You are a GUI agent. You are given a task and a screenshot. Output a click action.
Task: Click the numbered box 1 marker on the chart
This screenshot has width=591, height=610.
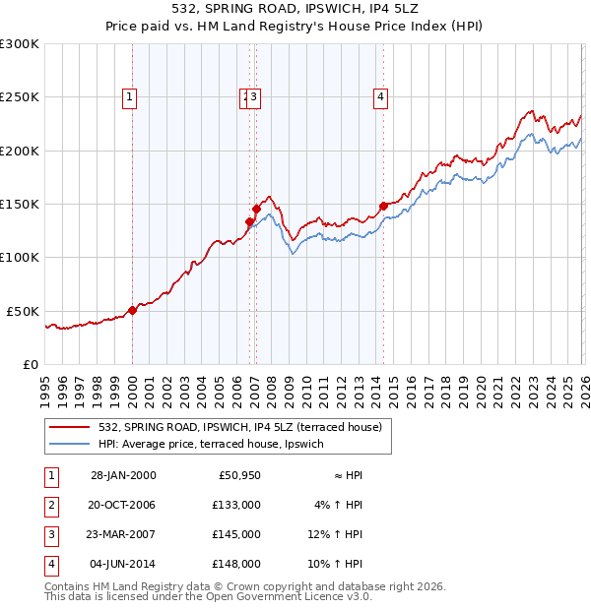tap(130, 96)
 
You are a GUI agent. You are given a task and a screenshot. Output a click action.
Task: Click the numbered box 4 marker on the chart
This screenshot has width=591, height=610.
tap(379, 96)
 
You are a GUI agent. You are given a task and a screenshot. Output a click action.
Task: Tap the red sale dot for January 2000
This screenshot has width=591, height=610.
tap(132, 310)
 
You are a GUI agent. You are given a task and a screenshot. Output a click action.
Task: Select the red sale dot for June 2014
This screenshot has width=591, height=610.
tap(382, 207)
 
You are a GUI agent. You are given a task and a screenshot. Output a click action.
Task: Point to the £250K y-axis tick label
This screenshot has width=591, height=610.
tap(20, 97)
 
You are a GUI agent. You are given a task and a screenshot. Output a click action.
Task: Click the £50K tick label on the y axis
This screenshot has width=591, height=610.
tap(24, 311)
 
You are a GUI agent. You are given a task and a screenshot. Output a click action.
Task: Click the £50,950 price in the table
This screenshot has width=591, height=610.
tap(237, 475)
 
